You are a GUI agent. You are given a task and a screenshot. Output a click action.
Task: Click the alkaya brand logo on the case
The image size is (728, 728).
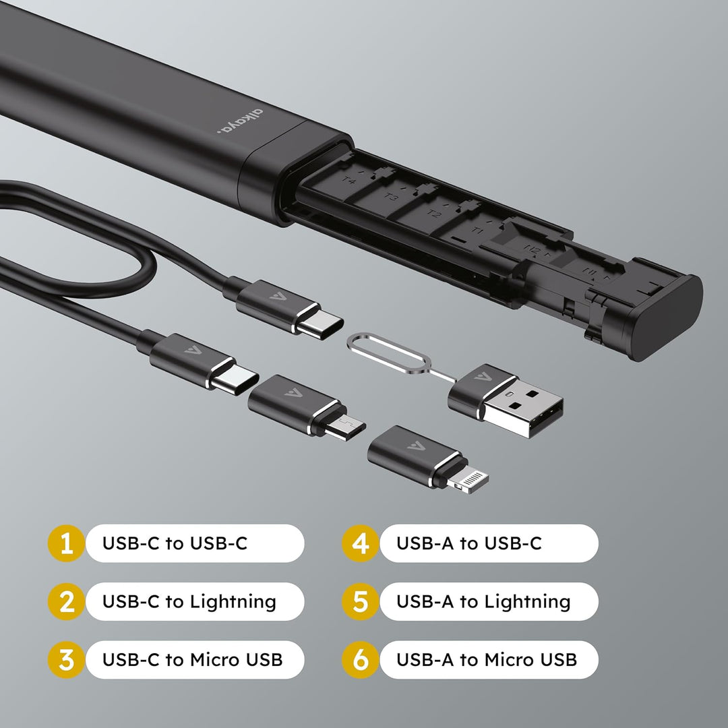[240, 122]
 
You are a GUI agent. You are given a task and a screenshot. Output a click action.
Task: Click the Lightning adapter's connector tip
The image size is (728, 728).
[469, 483]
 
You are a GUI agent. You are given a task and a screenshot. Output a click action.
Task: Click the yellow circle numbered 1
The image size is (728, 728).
[66, 543]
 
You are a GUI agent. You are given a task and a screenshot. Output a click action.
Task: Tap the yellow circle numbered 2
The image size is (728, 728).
[66, 602]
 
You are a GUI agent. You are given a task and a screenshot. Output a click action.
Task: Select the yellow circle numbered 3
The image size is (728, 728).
[66, 660]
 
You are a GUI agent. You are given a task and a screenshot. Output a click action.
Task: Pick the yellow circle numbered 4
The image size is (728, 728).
[361, 543]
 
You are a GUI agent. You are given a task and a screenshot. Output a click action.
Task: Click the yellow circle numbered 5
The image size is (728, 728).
[361, 602]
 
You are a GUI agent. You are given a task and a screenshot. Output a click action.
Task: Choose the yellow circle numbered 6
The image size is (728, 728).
[361, 660]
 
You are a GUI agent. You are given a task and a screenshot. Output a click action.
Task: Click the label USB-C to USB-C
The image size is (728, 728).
[175, 543]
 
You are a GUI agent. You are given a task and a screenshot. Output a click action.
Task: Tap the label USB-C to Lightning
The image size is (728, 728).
[189, 602]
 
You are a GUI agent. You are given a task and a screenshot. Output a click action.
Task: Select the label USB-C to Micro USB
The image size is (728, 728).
[193, 660]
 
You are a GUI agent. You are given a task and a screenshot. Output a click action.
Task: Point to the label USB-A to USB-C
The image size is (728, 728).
[469, 543]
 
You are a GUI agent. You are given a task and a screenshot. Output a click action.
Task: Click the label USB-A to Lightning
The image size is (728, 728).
[483, 602]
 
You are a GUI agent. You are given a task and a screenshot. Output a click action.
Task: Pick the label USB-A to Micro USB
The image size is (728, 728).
[487, 660]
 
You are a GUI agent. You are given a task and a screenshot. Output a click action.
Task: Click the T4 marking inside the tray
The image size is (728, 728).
[349, 181]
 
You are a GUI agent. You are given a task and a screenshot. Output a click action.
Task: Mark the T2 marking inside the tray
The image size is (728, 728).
[433, 214]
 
